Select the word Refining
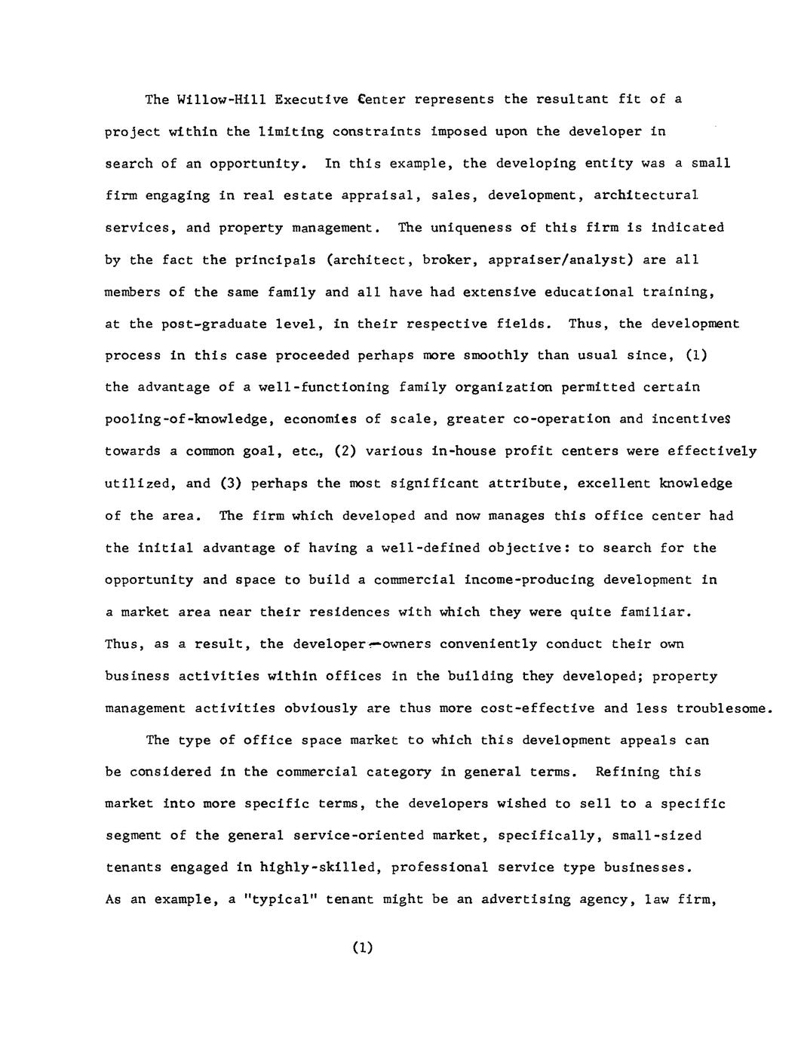pos(626,772)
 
